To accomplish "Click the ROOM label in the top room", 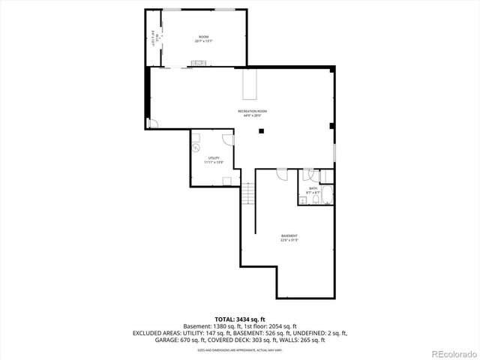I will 203,37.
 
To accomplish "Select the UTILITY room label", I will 214,158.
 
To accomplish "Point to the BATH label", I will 313,188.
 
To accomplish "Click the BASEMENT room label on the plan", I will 289,236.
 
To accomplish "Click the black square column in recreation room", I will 261,131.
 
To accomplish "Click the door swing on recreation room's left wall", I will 152,124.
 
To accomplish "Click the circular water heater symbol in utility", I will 197,148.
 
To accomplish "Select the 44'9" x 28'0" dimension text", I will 252,115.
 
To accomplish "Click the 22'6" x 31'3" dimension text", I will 289,241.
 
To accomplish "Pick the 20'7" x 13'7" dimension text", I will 203,41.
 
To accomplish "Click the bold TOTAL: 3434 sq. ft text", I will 239,318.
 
